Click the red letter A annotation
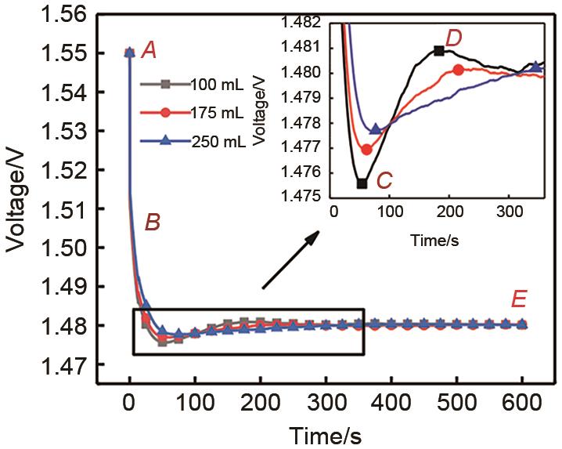click(149, 52)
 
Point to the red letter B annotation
click(153, 223)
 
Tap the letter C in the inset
click(384, 181)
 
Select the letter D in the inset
click(454, 37)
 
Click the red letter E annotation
click(518, 299)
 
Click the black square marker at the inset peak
click(439, 51)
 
